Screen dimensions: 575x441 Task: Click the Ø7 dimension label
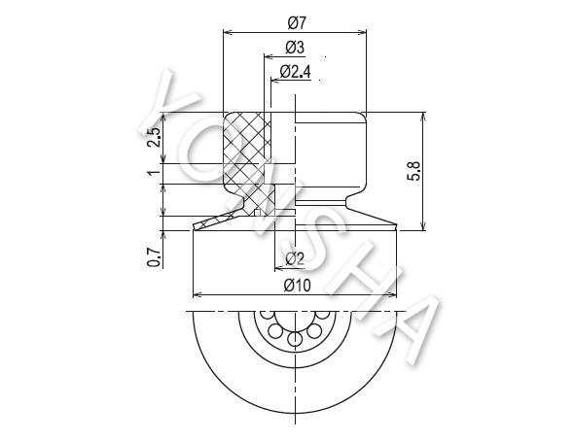pyautogui.click(x=297, y=22)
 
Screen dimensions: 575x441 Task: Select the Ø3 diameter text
pyautogui.click(x=295, y=48)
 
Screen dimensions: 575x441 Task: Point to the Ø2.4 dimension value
pyautogui.click(x=295, y=72)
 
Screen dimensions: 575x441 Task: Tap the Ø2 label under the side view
pyautogui.click(x=295, y=258)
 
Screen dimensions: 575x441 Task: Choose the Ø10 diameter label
pyautogui.click(x=297, y=286)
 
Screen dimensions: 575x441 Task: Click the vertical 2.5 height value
pyautogui.click(x=154, y=137)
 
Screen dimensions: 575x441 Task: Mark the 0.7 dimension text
pyautogui.click(x=154, y=257)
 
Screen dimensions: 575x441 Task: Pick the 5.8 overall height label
pyautogui.click(x=414, y=171)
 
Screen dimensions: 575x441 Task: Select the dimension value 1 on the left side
pyautogui.click(x=155, y=171)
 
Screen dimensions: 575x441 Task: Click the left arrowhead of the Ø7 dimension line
pyautogui.click(x=228, y=33)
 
